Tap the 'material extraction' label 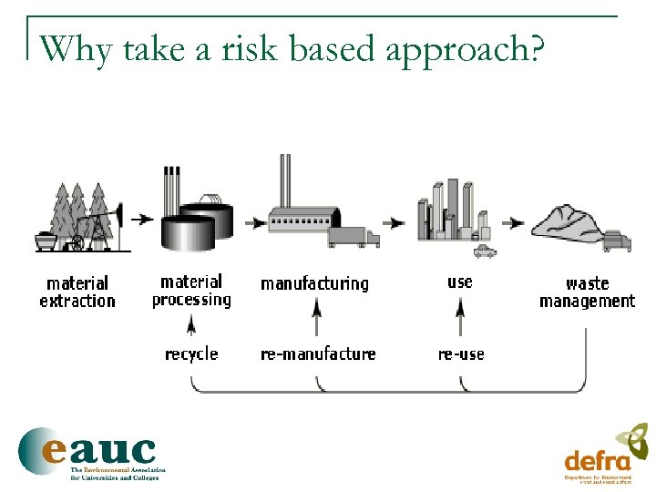click(x=77, y=292)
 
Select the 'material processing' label click(x=191, y=291)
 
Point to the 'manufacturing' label click(x=314, y=284)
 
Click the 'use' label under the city click(x=460, y=282)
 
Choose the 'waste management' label click(x=587, y=292)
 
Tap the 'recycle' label click(x=191, y=354)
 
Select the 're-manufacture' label click(x=318, y=354)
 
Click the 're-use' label click(x=461, y=354)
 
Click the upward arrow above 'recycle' click(x=191, y=324)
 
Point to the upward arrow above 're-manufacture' click(x=316, y=320)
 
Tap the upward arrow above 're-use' click(x=460, y=320)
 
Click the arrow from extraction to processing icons click(x=141, y=219)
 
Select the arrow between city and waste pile click(x=515, y=221)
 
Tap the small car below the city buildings click(x=485, y=249)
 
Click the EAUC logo click(x=88, y=452)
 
